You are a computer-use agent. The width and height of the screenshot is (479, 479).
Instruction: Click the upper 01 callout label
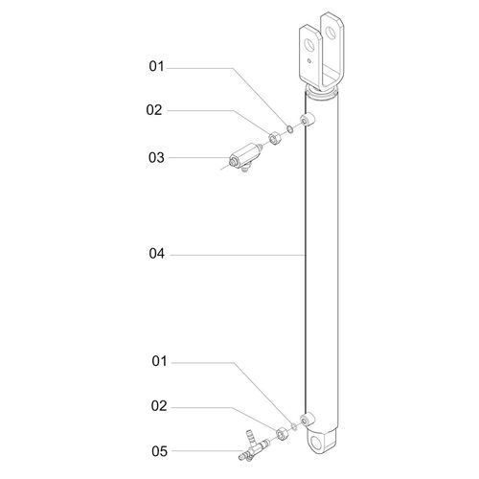pos(156,66)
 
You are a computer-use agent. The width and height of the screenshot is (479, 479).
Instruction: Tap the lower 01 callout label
pos(159,361)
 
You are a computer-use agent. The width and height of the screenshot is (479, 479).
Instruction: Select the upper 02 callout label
pos(154,110)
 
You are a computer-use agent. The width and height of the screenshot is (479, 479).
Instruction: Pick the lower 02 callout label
pos(159,406)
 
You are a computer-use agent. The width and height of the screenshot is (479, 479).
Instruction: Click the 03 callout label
pos(156,157)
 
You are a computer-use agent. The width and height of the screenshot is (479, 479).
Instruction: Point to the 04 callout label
pos(157,253)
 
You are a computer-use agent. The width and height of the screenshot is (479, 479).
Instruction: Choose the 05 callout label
pos(159,451)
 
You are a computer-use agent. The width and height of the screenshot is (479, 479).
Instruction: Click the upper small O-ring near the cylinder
pos(289,129)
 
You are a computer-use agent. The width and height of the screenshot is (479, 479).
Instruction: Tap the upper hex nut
pos(274,138)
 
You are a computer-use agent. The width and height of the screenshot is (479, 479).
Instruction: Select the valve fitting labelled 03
pos(245,157)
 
